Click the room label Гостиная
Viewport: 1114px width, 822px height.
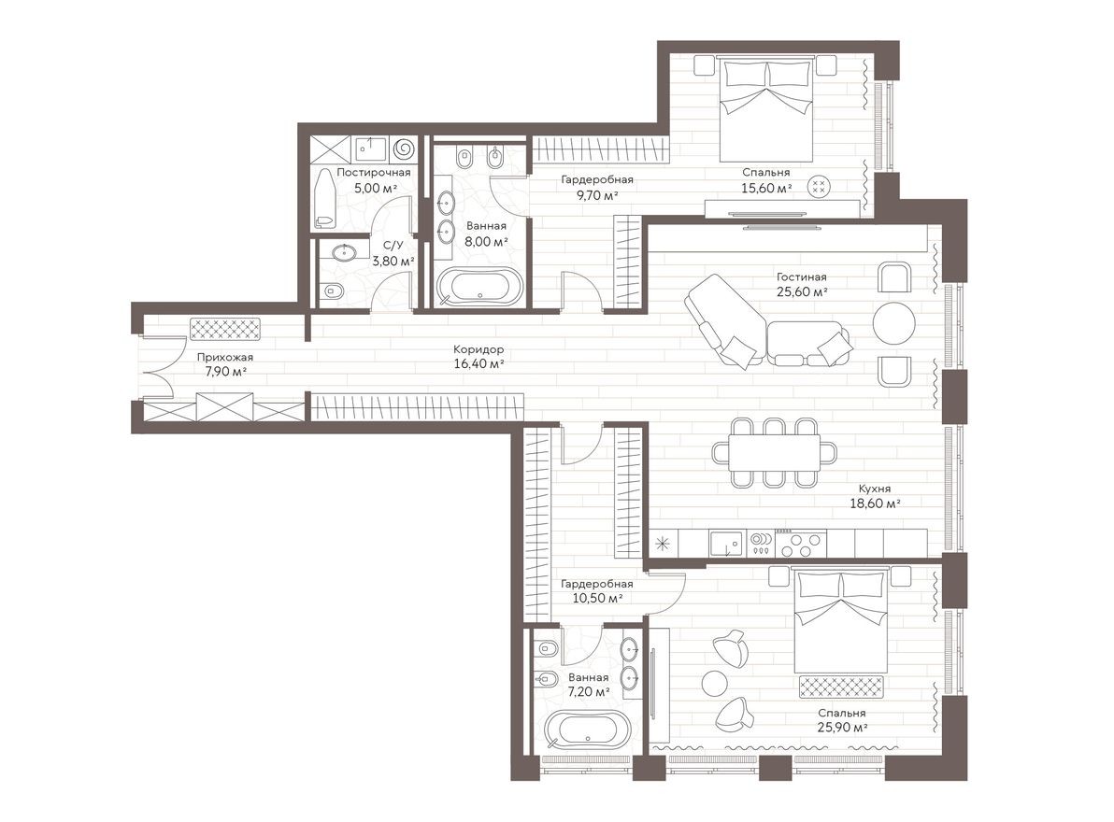(x=801, y=276)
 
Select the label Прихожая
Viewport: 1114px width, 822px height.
(x=224, y=357)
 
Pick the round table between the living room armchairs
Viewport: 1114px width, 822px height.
(x=894, y=323)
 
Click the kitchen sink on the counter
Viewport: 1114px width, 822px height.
(x=725, y=542)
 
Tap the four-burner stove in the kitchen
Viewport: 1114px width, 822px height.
(x=802, y=542)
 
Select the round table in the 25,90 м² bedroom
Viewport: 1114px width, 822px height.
(x=715, y=683)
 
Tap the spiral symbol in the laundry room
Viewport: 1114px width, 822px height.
(x=405, y=149)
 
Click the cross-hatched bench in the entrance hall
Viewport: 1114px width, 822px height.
(x=225, y=328)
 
